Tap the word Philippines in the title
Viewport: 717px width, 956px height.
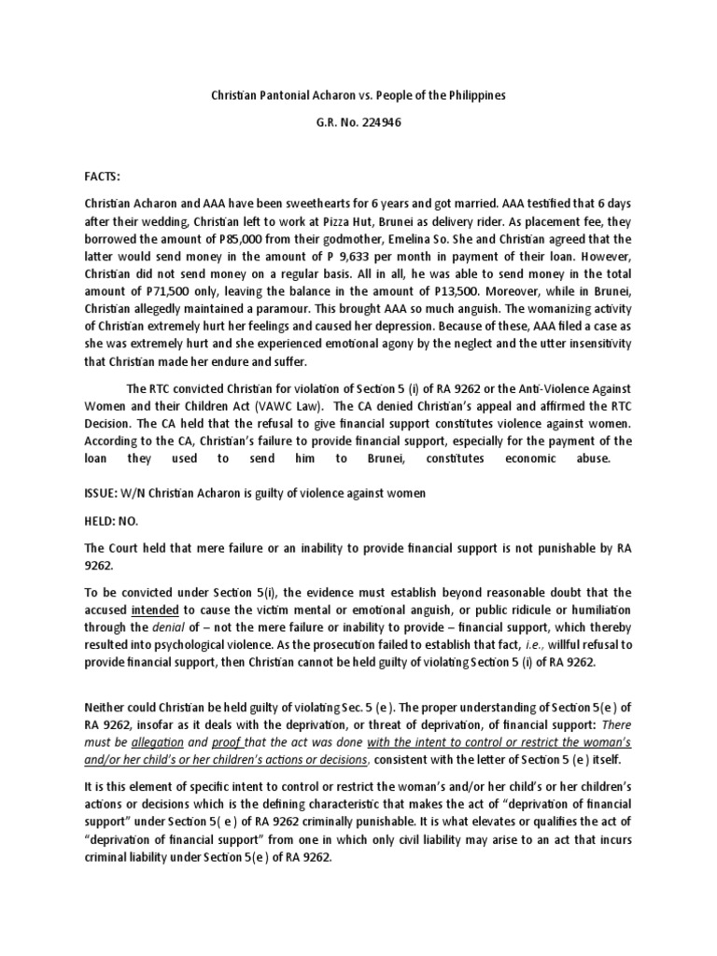tap(470, 95)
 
